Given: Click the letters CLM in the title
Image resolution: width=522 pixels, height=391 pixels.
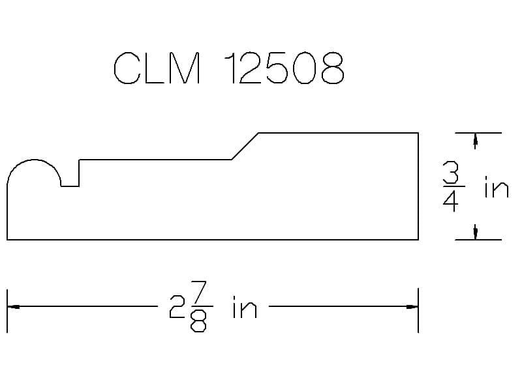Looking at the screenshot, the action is (157, 68).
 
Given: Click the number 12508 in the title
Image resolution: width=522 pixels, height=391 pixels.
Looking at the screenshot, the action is (284, 68).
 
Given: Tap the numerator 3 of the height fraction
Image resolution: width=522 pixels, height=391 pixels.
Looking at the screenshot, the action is (451, 172).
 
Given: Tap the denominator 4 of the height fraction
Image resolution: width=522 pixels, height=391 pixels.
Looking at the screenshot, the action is (450, 201).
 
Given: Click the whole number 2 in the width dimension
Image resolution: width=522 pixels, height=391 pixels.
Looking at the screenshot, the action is (177, 307).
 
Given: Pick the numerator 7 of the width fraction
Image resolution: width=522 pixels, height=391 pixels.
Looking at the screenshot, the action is (199, 291).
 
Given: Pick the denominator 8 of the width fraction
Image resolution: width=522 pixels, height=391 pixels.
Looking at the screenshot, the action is (198, 321).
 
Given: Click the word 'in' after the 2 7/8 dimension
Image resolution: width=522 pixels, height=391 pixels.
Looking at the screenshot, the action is (245, 307).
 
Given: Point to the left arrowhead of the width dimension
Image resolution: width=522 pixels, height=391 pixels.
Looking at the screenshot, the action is (13, 306).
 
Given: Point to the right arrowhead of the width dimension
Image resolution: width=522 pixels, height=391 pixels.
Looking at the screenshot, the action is (412, 306).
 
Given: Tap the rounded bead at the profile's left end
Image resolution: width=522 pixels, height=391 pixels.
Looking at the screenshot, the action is (34, 160).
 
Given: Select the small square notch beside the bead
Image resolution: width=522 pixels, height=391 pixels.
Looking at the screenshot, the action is (70, 186).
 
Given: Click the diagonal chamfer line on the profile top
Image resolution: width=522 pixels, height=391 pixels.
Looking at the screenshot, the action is (245, 146).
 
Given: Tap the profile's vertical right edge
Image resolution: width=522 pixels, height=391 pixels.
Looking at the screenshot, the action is (418, 186).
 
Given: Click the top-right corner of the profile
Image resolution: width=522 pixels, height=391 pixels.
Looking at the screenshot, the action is (418, 133).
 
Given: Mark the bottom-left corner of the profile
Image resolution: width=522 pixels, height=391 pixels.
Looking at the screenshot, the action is (7, 239).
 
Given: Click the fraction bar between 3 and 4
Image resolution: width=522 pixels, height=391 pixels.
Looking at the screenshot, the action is (453, 187).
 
